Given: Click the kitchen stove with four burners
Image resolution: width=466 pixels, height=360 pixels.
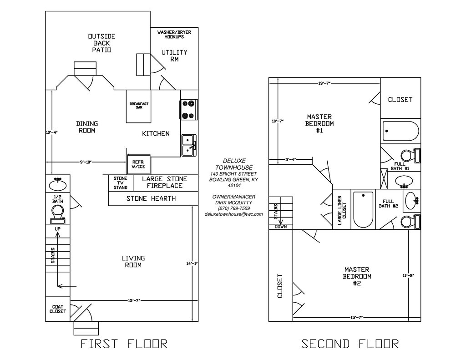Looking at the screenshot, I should [189, 109].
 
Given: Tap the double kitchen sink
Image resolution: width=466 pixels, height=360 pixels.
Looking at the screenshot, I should [188, 145].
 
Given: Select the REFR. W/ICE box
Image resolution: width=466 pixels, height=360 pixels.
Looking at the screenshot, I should [138, 164].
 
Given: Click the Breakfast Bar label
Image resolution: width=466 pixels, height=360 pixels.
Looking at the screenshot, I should [139, 106].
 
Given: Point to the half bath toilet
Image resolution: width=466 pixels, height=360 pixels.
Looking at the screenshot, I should [57, 213].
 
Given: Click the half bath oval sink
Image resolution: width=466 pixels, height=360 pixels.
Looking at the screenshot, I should [58, 185].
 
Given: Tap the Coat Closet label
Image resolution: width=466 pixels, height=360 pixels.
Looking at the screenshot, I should [58, 309].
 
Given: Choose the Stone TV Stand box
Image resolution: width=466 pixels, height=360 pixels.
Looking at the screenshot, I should [121, 183].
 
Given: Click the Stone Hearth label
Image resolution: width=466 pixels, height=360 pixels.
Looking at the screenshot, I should [151, 198].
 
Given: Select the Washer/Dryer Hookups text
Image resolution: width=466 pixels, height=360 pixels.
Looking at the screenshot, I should [174, 34].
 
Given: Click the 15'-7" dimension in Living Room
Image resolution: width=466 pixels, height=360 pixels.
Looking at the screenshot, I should [133, 300].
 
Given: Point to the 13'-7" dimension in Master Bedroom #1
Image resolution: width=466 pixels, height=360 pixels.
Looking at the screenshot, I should [324, 83].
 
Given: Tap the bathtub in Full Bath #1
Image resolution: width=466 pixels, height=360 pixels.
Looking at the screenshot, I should [400, 131].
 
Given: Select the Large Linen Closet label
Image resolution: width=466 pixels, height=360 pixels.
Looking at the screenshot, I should [342, 210].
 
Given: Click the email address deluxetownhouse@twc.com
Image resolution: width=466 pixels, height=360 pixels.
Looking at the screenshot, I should [233, 214].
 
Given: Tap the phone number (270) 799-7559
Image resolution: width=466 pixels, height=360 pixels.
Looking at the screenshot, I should [233, 208].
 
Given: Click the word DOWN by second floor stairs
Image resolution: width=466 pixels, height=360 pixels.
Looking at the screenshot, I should [281, 226].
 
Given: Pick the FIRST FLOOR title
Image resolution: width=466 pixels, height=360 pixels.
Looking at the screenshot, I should [124, 344].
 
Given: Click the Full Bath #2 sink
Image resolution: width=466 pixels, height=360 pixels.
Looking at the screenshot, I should [411, 200].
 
